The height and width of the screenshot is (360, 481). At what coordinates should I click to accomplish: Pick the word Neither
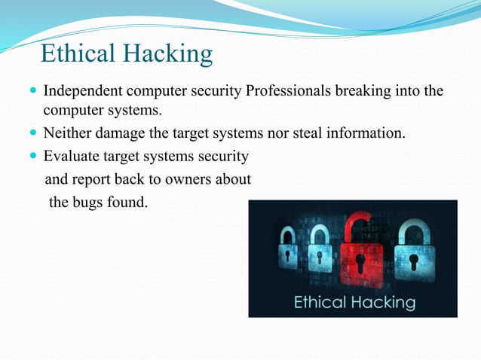point(66,134)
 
